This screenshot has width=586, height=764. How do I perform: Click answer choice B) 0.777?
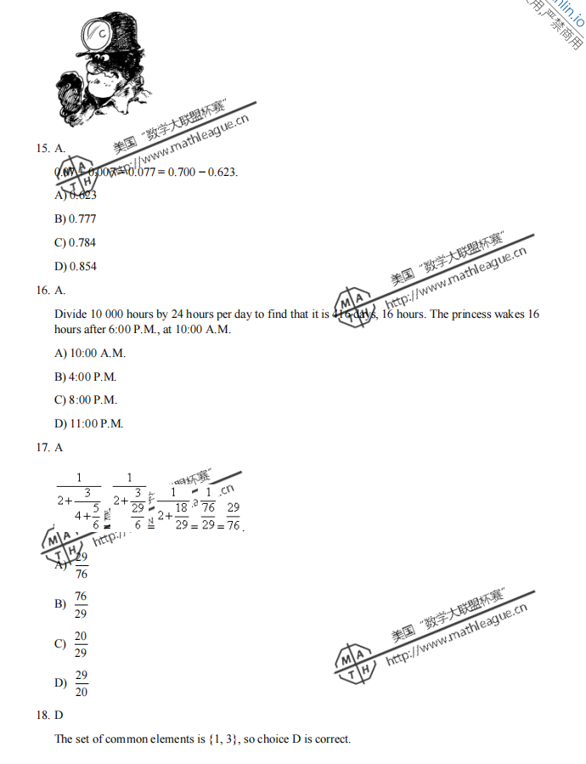coord(76,219)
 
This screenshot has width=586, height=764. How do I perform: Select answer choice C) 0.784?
coord(76,243)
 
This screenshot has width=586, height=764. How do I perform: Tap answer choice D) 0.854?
coord(76,267)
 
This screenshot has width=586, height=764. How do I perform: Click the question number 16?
coord(42,291)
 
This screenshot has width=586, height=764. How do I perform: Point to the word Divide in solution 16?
coord(70,314)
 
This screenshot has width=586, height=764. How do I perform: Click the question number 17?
coord(42,447)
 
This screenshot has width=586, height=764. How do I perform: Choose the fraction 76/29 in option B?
coord(81,604)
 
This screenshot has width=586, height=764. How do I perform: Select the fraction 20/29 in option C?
coord(81,644)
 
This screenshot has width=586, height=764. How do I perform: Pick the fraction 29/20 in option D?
coord(82,683)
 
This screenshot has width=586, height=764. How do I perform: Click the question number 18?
coord(42,716)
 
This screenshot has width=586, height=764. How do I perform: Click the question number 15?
coord(42,149)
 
